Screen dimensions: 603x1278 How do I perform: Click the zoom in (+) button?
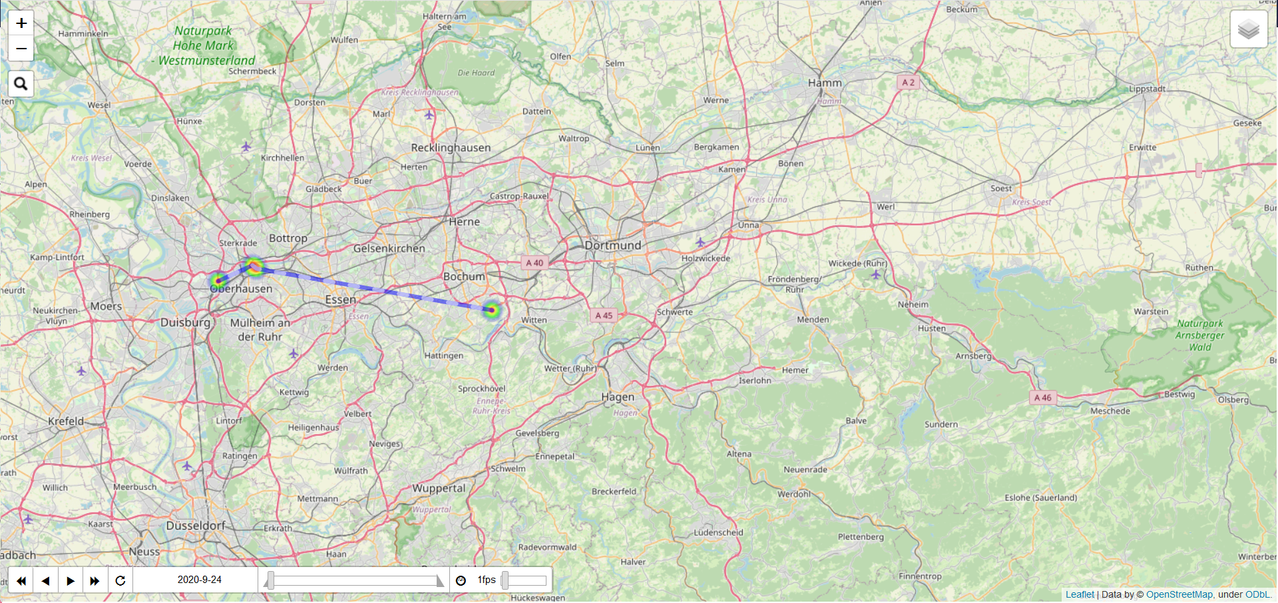pos(21,23)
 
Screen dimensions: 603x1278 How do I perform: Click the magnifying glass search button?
pos(21,84)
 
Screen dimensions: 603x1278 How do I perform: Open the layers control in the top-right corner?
pos(1248,29)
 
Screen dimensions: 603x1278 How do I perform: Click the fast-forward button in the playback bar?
pos(95,580)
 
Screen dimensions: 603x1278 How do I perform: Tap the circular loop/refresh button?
pos(120,580)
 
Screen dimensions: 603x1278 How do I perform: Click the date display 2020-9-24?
pos(199,580)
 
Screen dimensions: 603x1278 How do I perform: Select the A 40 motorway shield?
pos(534,263)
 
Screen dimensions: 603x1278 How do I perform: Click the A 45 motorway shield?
pos(604,315)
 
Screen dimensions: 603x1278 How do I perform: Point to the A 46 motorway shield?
pos(1042,397)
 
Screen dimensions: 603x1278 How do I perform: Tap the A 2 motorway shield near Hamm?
pos(908,83)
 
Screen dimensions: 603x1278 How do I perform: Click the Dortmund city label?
pos(612,246)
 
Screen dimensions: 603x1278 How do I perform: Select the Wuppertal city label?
pos(439,489)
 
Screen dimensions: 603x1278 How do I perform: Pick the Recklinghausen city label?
pos(451,148)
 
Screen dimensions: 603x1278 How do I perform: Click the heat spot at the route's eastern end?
pos(491,309)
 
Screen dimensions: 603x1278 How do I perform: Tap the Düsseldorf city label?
pos(196,526)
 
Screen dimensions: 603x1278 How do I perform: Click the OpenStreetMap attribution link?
pos(1179,594)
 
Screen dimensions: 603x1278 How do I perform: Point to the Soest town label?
pos(1000,188)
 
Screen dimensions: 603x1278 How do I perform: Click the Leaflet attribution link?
pos(1079,594)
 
